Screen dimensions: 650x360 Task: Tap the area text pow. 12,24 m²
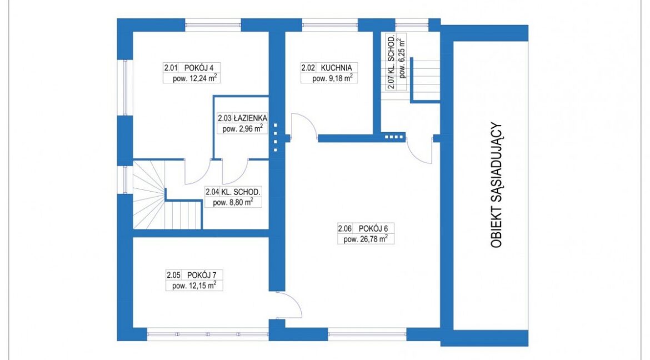point(195,78)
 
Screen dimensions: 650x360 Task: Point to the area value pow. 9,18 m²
point(332,78)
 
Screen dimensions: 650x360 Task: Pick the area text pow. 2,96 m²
point(243,128)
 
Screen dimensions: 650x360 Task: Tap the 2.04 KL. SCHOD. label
point(233,192)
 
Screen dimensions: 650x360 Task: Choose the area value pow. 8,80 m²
point(233,202)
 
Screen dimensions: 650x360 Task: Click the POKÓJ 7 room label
point(202,274)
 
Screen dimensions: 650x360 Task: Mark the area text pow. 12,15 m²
point(194,286)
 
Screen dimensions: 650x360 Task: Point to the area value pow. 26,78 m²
point(366,239)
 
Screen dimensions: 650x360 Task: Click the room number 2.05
point(173,274)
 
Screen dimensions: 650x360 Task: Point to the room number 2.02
point(308,68)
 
